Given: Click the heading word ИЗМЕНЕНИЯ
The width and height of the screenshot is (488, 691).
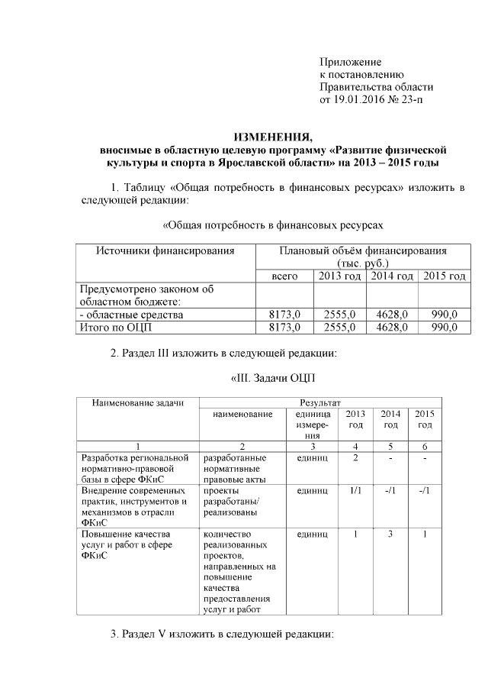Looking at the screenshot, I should pyautogui.click(x=273, y=137).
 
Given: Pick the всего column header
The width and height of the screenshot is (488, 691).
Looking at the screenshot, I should pyautogui.click(x=284, y=276).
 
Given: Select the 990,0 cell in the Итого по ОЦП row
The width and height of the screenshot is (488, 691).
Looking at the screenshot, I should pyautogui.click(x=443, y=328).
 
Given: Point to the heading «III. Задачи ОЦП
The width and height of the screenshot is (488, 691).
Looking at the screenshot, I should pyautogui.click(x=272, y=379).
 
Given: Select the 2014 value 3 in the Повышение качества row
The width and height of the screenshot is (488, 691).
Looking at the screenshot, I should pyautogui.click(x=390, y=534).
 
